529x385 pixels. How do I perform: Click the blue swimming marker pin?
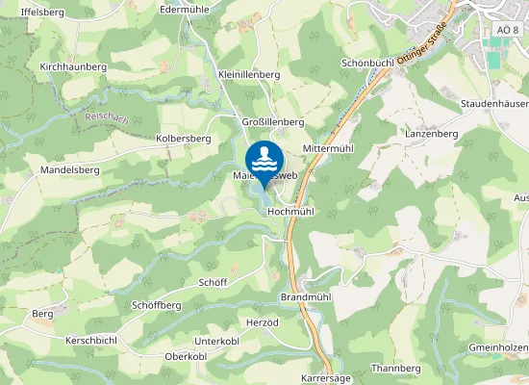tap(264, 161)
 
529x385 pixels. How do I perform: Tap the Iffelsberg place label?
tap(41, 12)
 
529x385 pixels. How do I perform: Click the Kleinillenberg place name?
tap(248, 74)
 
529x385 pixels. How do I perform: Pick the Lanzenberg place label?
tap(430, 134)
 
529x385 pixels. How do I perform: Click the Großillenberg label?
tap(272, 122)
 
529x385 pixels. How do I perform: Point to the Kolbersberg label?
tap(183, 139)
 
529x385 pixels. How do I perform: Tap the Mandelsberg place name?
tap(69, 169)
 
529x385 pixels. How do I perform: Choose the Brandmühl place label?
tap(305, 297)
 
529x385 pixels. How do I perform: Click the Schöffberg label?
tap(156, 305)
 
